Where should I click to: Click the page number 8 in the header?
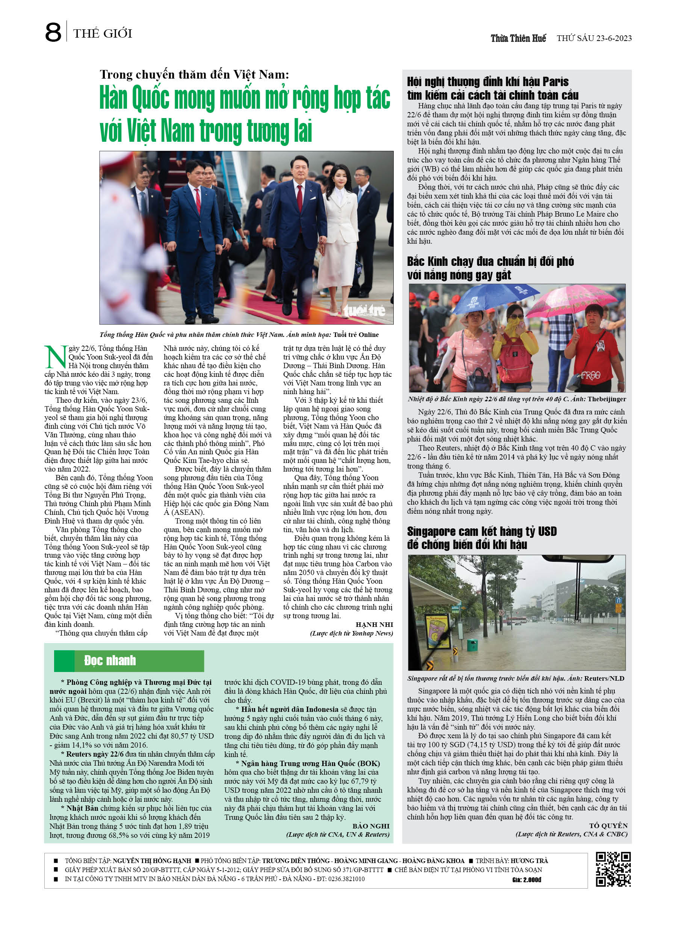pos(53,32)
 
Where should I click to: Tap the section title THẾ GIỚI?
pos(103,33)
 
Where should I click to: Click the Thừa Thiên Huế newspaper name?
pos(518,38)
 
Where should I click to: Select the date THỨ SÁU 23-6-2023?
pos(594,38)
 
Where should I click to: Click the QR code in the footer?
pos(613,869)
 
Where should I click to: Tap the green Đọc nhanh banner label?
pos(110,660)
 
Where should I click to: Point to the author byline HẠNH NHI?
pos(374,625)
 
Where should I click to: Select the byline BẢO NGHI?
pos(371,825)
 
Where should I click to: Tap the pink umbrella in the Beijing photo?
pos(576,300)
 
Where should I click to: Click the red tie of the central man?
pos(300,197)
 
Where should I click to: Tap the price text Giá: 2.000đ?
pos(527,880)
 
